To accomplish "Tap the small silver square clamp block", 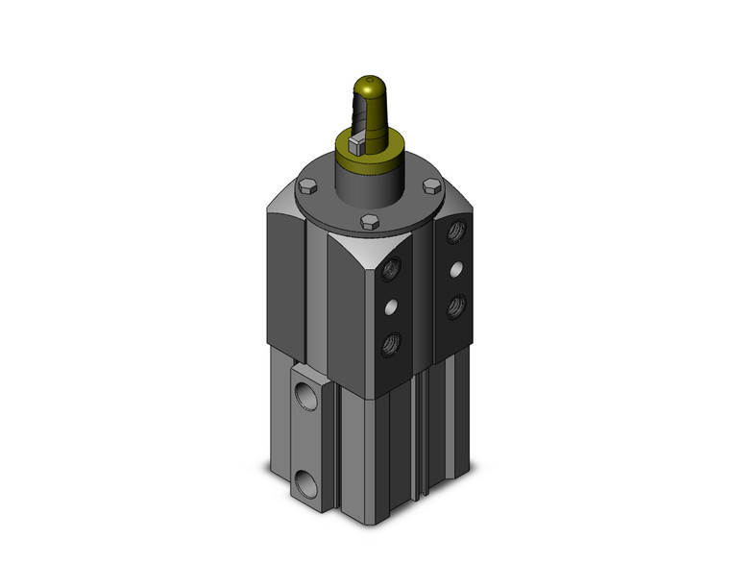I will [x=356, y=145].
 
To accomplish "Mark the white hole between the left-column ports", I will [x=392, y=307].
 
